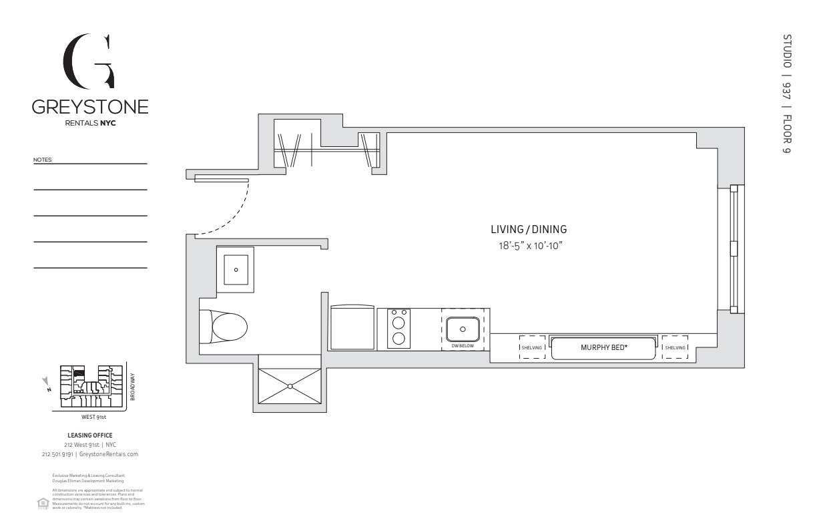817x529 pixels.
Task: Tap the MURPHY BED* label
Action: click(603, 347)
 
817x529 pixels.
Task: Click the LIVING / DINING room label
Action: click(529, 229)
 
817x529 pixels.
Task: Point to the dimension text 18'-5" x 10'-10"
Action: click(529, 245)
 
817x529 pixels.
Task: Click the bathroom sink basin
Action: click(235, 270)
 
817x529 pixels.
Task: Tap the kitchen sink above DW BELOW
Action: click(463, 329)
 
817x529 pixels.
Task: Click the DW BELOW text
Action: click(463, 345)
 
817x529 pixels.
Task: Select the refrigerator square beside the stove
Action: click(352, 328)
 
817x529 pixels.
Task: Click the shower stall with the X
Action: click(290, 385)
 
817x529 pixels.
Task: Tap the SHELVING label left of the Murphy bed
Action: click(533, 347)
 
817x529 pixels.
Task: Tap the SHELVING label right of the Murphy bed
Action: click(674, 347)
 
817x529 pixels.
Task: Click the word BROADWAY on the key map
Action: click(132, 387)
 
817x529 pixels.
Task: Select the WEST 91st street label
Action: click(93, 417)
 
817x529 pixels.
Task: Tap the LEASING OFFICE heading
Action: click(90, 435)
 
